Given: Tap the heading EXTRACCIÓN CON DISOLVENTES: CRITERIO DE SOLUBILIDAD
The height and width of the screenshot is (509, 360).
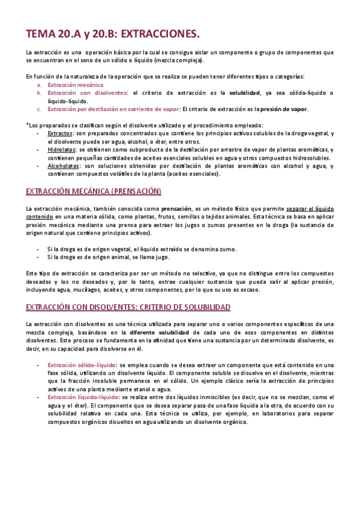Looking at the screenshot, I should point(128,307).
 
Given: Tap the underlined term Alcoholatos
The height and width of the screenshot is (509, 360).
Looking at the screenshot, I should point(64,166).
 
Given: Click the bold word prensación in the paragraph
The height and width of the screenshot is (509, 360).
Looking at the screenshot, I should point(181,208).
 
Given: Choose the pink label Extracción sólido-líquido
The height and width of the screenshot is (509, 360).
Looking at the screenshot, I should point(82,364).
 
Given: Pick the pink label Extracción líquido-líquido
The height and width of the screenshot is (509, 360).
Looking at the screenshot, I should point(83,397).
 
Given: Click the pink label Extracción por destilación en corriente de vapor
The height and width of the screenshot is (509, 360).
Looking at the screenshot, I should point(113,109).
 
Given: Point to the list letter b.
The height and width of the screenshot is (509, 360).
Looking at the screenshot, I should point(39,93).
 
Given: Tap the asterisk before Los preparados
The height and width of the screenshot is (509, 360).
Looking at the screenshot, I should point(28,125).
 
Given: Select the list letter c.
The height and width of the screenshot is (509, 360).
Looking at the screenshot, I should point(39,109).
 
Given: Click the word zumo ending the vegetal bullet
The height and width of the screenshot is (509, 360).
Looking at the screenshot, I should point(229,248).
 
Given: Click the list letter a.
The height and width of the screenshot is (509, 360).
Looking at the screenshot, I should point(39,85).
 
